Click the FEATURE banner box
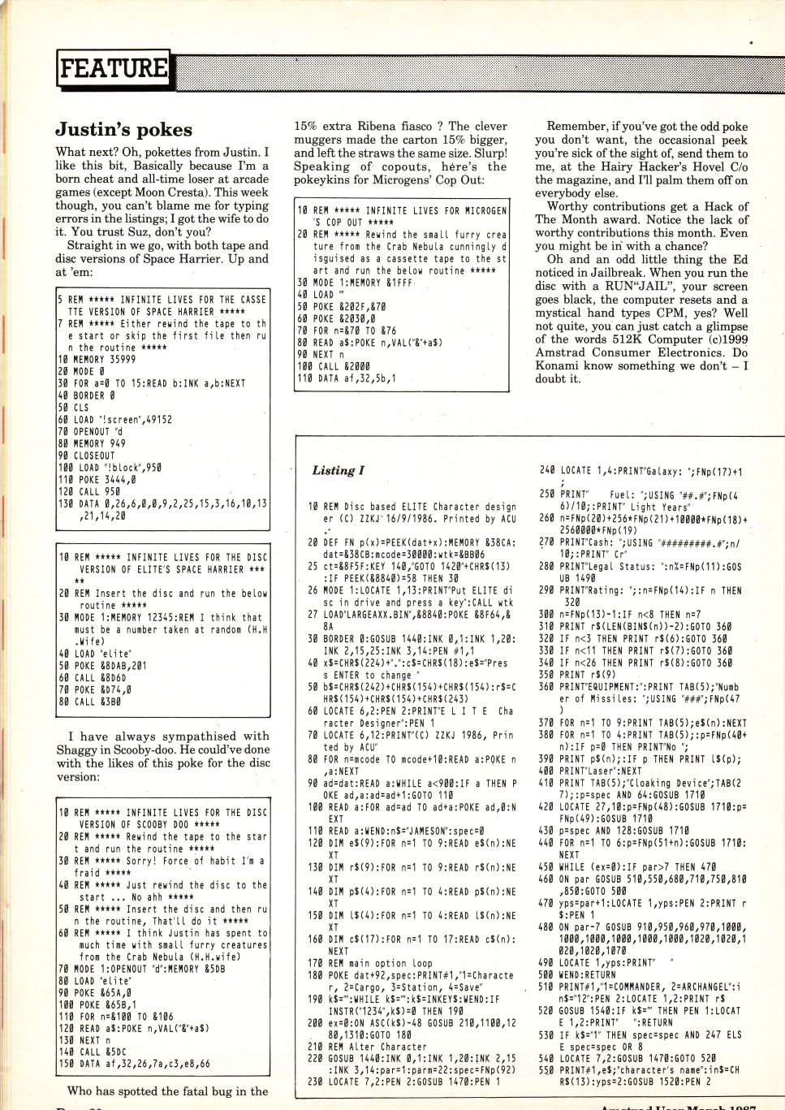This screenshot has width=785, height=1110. point(113,68)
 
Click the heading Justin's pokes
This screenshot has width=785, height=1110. point(123,130)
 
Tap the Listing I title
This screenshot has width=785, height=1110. point(338,470)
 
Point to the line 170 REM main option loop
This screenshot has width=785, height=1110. point(369,963)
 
